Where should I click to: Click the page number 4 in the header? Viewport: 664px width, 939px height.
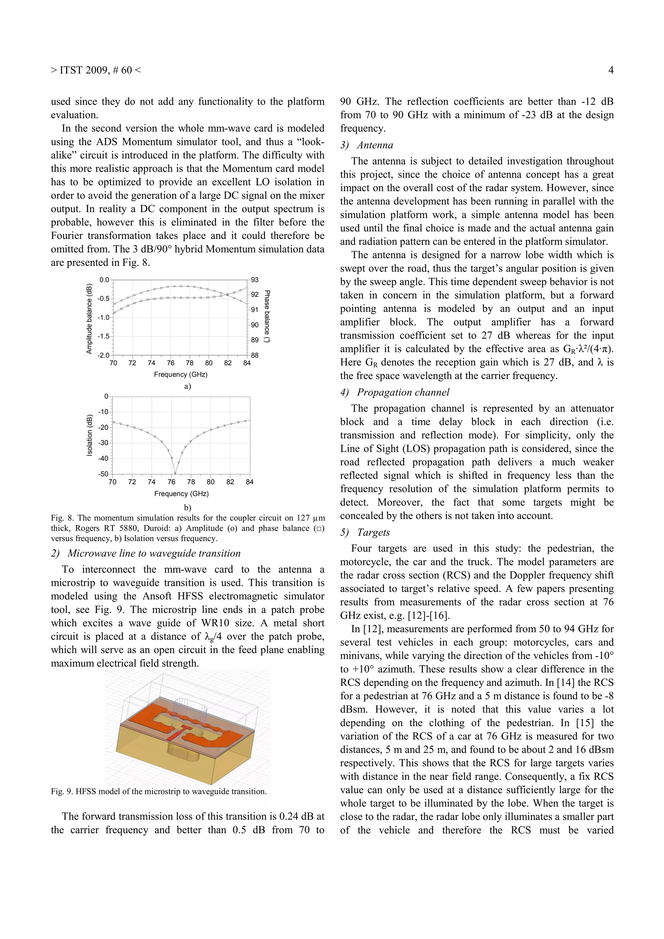pyautogui.click(x=611, y=70)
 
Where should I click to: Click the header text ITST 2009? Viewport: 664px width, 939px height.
pyautogui.click(x=85, y=70)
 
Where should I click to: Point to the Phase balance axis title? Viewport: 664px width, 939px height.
pyautogui.click(x=267, y=316)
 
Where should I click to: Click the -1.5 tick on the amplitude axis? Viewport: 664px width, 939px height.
pyautogui.click(x=103, y=336)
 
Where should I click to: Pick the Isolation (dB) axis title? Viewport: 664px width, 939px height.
pyautogui.click(x=89, y=435)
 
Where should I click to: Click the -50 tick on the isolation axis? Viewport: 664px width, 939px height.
pyautogui.click(x=103, y=474)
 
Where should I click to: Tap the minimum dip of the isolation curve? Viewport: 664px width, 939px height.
pyautogui.click(x=175, y=473)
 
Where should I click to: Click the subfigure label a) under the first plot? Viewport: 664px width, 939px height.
pyautogui.click(x=187, y=386)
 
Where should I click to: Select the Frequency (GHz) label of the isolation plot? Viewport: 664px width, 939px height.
pyautogui.click(x=181, y=493)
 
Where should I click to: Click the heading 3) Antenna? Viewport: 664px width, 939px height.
pyautogui.click(x=367, y=145)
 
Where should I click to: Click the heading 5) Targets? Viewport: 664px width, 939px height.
pyautogui.click(x=365, y=532)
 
